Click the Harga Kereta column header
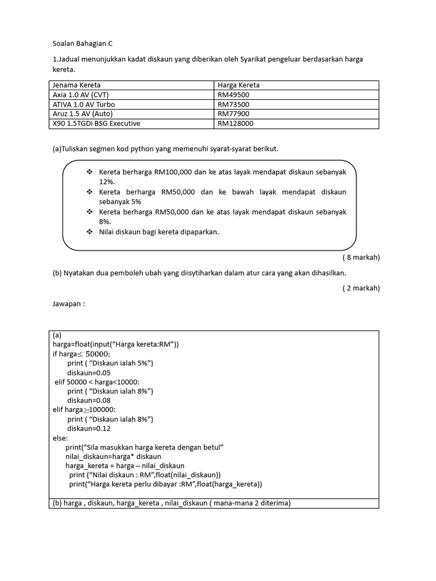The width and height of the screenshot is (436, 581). point(238,85)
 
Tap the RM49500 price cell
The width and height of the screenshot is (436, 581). point(233,95)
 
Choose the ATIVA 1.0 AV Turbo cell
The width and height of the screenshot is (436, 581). point(83,104)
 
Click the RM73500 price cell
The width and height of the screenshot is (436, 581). point(233,104)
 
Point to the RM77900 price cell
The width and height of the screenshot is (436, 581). point(233,113)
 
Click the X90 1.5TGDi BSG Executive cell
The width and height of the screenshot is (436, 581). point(97,123)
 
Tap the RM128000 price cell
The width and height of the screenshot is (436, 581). point(235,123)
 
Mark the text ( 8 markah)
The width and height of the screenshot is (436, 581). point(360,257)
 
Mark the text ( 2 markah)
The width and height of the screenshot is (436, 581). point(360,288)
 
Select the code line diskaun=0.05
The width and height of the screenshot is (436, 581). point(89,373)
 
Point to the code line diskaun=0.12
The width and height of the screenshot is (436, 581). point(89,428)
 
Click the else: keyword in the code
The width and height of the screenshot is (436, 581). point(60,438)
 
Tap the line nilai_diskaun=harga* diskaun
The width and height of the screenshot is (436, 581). point(114,456)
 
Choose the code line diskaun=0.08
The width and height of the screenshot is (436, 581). point(89,401)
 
